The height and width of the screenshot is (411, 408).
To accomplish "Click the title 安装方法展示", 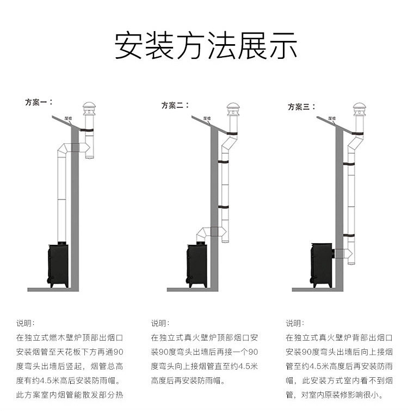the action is tap(206, 46).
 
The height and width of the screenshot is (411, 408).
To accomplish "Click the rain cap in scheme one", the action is tap(88, 108).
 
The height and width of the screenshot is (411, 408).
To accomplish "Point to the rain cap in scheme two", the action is tap(232, 108).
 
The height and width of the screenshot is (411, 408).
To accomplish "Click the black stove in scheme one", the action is tap(58, 265).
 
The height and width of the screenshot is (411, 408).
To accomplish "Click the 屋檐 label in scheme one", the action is tap(69, 117).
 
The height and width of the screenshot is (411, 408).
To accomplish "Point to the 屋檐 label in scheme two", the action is tap(207, 118).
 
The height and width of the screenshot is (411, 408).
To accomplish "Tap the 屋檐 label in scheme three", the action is tap(332, 118).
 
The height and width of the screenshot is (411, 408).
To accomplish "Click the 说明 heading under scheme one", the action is tap(24, 323).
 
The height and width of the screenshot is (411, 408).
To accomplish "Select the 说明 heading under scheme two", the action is tap(160, 323).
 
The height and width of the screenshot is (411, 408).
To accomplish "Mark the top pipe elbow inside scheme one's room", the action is tap(64, 148).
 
